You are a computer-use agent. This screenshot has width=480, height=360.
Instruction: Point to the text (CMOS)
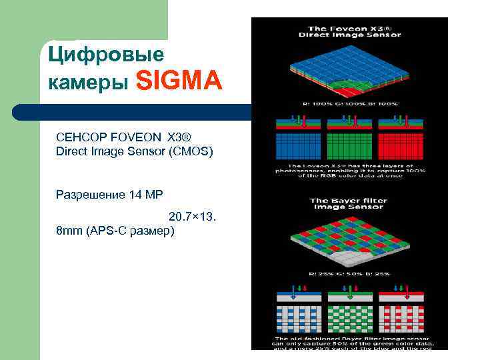(x=191, y=151)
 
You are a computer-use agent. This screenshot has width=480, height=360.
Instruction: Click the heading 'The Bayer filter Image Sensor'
(x=349, y=204)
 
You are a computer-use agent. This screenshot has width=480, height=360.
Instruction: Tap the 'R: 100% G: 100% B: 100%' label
(x=349, y=104)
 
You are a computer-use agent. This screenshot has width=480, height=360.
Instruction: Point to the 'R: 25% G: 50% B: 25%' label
(x=349, y=273)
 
